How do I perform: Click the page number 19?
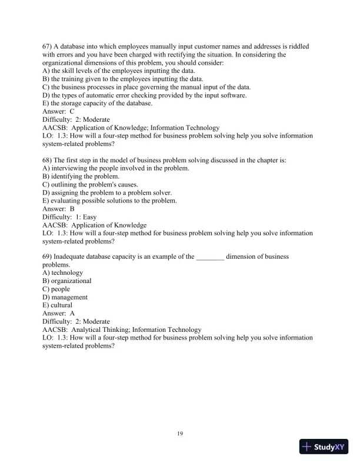pyautogui.click(x=180, y=434)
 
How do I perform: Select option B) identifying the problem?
pyautogui.click(x=81, y=176)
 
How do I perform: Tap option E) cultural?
pyautogui.click(x=58, y=305)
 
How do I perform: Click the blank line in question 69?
pyautogui.click(x=210, y=257)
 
